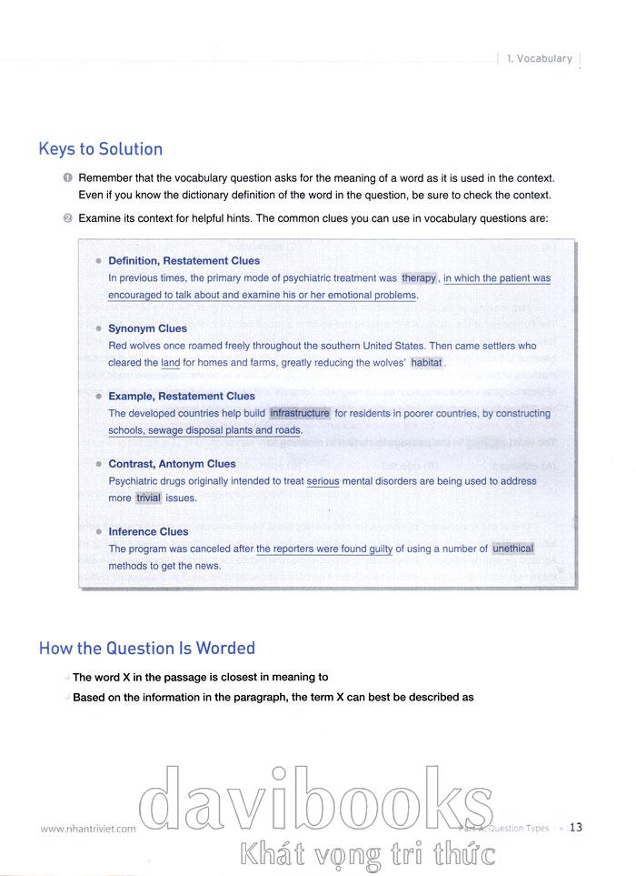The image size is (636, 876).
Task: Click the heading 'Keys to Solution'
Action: click(x=101, y=149)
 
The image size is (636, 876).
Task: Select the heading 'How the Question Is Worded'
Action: click(x=147, y=649)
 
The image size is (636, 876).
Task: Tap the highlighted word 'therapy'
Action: click(x=420, y=278)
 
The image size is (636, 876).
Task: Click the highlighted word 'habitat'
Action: click(x=427, y=362)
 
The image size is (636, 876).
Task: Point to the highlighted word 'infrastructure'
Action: click(x=300, y=413)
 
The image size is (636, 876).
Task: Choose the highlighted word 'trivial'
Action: click(x=147, y=498)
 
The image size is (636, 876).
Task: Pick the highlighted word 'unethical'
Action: click(x=513, y=549)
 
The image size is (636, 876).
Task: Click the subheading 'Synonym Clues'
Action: click(x=147, y=328)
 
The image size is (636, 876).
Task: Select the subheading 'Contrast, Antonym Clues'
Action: click(x=172, y=464)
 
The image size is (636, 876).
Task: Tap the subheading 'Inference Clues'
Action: click(x=148, y=531)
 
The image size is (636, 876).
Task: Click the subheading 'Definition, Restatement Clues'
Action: click(x=184, y=261)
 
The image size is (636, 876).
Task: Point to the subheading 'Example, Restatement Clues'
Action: click(x=182, y=397)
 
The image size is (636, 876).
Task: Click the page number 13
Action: click(x=576, y=827)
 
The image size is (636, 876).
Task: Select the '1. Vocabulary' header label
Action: click(x=540, y=59)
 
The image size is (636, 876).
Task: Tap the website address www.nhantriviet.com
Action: click(x=88, y=829)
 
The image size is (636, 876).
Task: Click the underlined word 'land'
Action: click(x=171, y=363)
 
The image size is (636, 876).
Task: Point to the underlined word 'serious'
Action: click(x=323, y=481)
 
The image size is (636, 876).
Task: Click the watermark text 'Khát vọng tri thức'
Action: click(x=363, y=854)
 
